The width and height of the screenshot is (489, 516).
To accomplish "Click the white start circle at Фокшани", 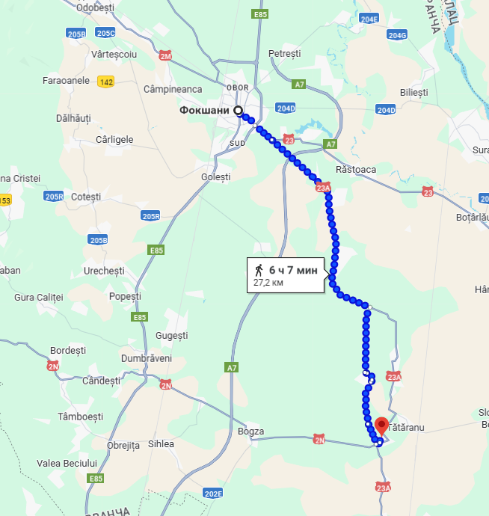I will [x=239, y=111].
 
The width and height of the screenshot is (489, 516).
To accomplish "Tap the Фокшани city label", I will [x=204, y=111].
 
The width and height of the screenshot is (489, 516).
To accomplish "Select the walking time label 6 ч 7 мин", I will [x=293, y=270].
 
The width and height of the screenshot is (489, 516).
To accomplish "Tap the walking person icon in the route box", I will [x=259, y=270].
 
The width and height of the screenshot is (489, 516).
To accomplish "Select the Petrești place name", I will [x=284, y=54].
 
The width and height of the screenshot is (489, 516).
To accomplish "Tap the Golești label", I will [x=216, y=177].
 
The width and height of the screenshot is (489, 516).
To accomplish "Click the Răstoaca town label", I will [x=356, y=170].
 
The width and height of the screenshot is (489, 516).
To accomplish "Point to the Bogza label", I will [x=250, y=431].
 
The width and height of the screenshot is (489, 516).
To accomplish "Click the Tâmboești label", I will [x=81, y=416].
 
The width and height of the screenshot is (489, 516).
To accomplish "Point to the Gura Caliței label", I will [x=39, y=298].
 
